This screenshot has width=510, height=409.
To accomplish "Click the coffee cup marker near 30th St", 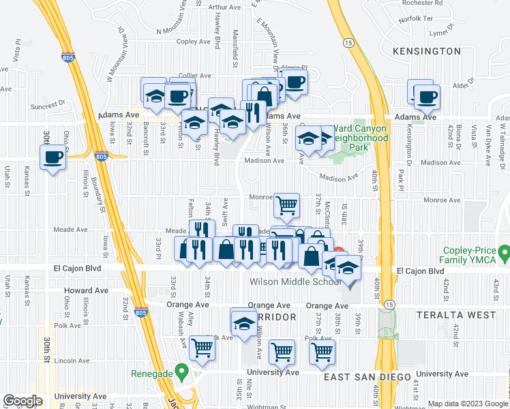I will pyautogui.click(x=52, y=158).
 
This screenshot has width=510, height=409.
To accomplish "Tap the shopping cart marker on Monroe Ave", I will pyautogui.click(x=287, y=204).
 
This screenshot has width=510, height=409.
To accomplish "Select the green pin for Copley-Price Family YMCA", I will pyautogui.click(x=505, y=256).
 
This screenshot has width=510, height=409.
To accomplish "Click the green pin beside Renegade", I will pyautogui.click(x=181, y=372).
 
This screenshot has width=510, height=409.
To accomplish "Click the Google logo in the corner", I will pyautogui.click(x=22, y=401).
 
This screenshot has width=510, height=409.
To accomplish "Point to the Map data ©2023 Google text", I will pyautogui.click(x=468, y=404).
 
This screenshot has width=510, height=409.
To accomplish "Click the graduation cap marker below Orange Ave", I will pyautogui.click(x=243, y=322).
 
